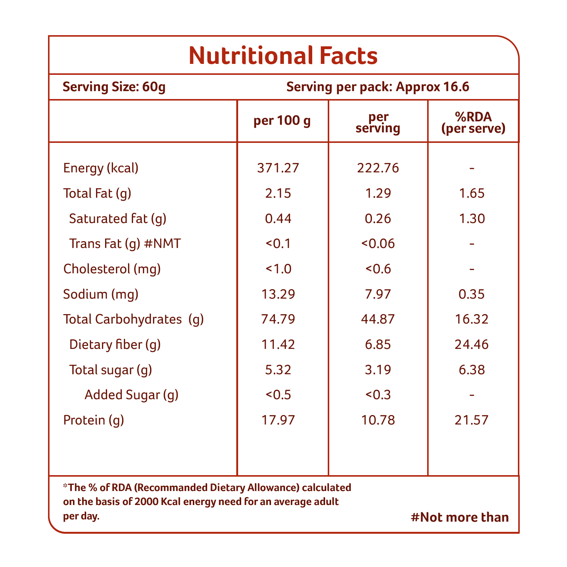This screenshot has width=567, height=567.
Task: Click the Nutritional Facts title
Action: pyautogui.click(x=283, y=56)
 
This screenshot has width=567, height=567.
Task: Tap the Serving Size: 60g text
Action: pyautogui.click(x=114, y=87)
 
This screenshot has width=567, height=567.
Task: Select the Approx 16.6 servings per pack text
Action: pyautogui.click(x=432, y=87)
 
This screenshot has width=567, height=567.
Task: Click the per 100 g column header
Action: pyautogui.click(x=282, y=121)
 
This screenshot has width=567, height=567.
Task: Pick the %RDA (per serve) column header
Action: pyautogui.click(x=473, y=123)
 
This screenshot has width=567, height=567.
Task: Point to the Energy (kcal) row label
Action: pyautogui.click(x=101, y=168)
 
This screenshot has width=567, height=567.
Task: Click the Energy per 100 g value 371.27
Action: pyautogui.click(x=278, y=168)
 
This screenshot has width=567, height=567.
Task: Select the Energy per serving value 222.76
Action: pyautogui.click(x=378, y=168)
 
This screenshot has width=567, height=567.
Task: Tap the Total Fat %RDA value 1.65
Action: pyautogui.click(x=471, y=193)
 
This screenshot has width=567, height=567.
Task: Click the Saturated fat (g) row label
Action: pyautogui.click(x=118, y=219)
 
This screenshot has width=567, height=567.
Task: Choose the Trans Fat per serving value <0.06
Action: pyautogui.click(x=378, y=244)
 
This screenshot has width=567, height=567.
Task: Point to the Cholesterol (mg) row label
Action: pyautogui.click(x=112, y=269)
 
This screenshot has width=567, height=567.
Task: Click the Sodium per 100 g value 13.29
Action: pyautogui.click(x=278, y=294)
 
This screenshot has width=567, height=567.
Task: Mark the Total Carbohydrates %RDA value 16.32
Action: pyautogui.click(x=471, y=319)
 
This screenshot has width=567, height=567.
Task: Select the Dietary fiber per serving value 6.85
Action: pyautogui.click(x=378, y=344)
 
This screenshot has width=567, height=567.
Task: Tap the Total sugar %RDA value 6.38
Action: pyautogui.click(x=471, y=370)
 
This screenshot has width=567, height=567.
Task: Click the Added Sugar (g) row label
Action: pyautogui.click(x=132, y=395)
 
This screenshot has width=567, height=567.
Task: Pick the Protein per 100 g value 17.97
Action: pyautogui.click(x=278, y=420)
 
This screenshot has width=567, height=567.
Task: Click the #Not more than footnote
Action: pyautogui.click(x=460, y=517)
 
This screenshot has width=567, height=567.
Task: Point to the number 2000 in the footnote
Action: pyautogui.click(x=147, y=502)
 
